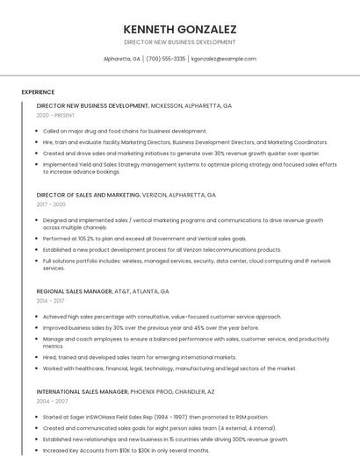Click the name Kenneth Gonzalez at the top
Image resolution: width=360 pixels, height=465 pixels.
(x=180, y=29)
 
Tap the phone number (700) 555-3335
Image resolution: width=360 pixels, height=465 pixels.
(x=166, y=59)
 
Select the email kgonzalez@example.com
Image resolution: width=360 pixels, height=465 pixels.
(x=224, y=59)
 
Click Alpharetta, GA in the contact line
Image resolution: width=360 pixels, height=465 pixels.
(x=122, y=59)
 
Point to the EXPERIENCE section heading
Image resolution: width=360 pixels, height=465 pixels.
(x=38, y=92)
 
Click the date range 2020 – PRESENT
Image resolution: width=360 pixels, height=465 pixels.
(x=56, y=115)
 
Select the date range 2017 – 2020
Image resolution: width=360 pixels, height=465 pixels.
(x=52, y=204)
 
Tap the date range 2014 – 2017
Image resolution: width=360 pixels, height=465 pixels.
(x=51, y=300)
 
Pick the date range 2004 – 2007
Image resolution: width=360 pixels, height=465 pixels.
(x=52, y=400)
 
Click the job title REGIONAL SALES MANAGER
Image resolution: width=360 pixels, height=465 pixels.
(x=74, y=290)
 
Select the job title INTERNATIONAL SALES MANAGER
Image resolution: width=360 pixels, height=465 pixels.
(x=82, y=390)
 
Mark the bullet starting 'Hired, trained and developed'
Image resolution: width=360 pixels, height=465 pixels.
(x=140, y=357)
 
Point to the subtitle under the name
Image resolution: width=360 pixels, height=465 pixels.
(x=180, y=42)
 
